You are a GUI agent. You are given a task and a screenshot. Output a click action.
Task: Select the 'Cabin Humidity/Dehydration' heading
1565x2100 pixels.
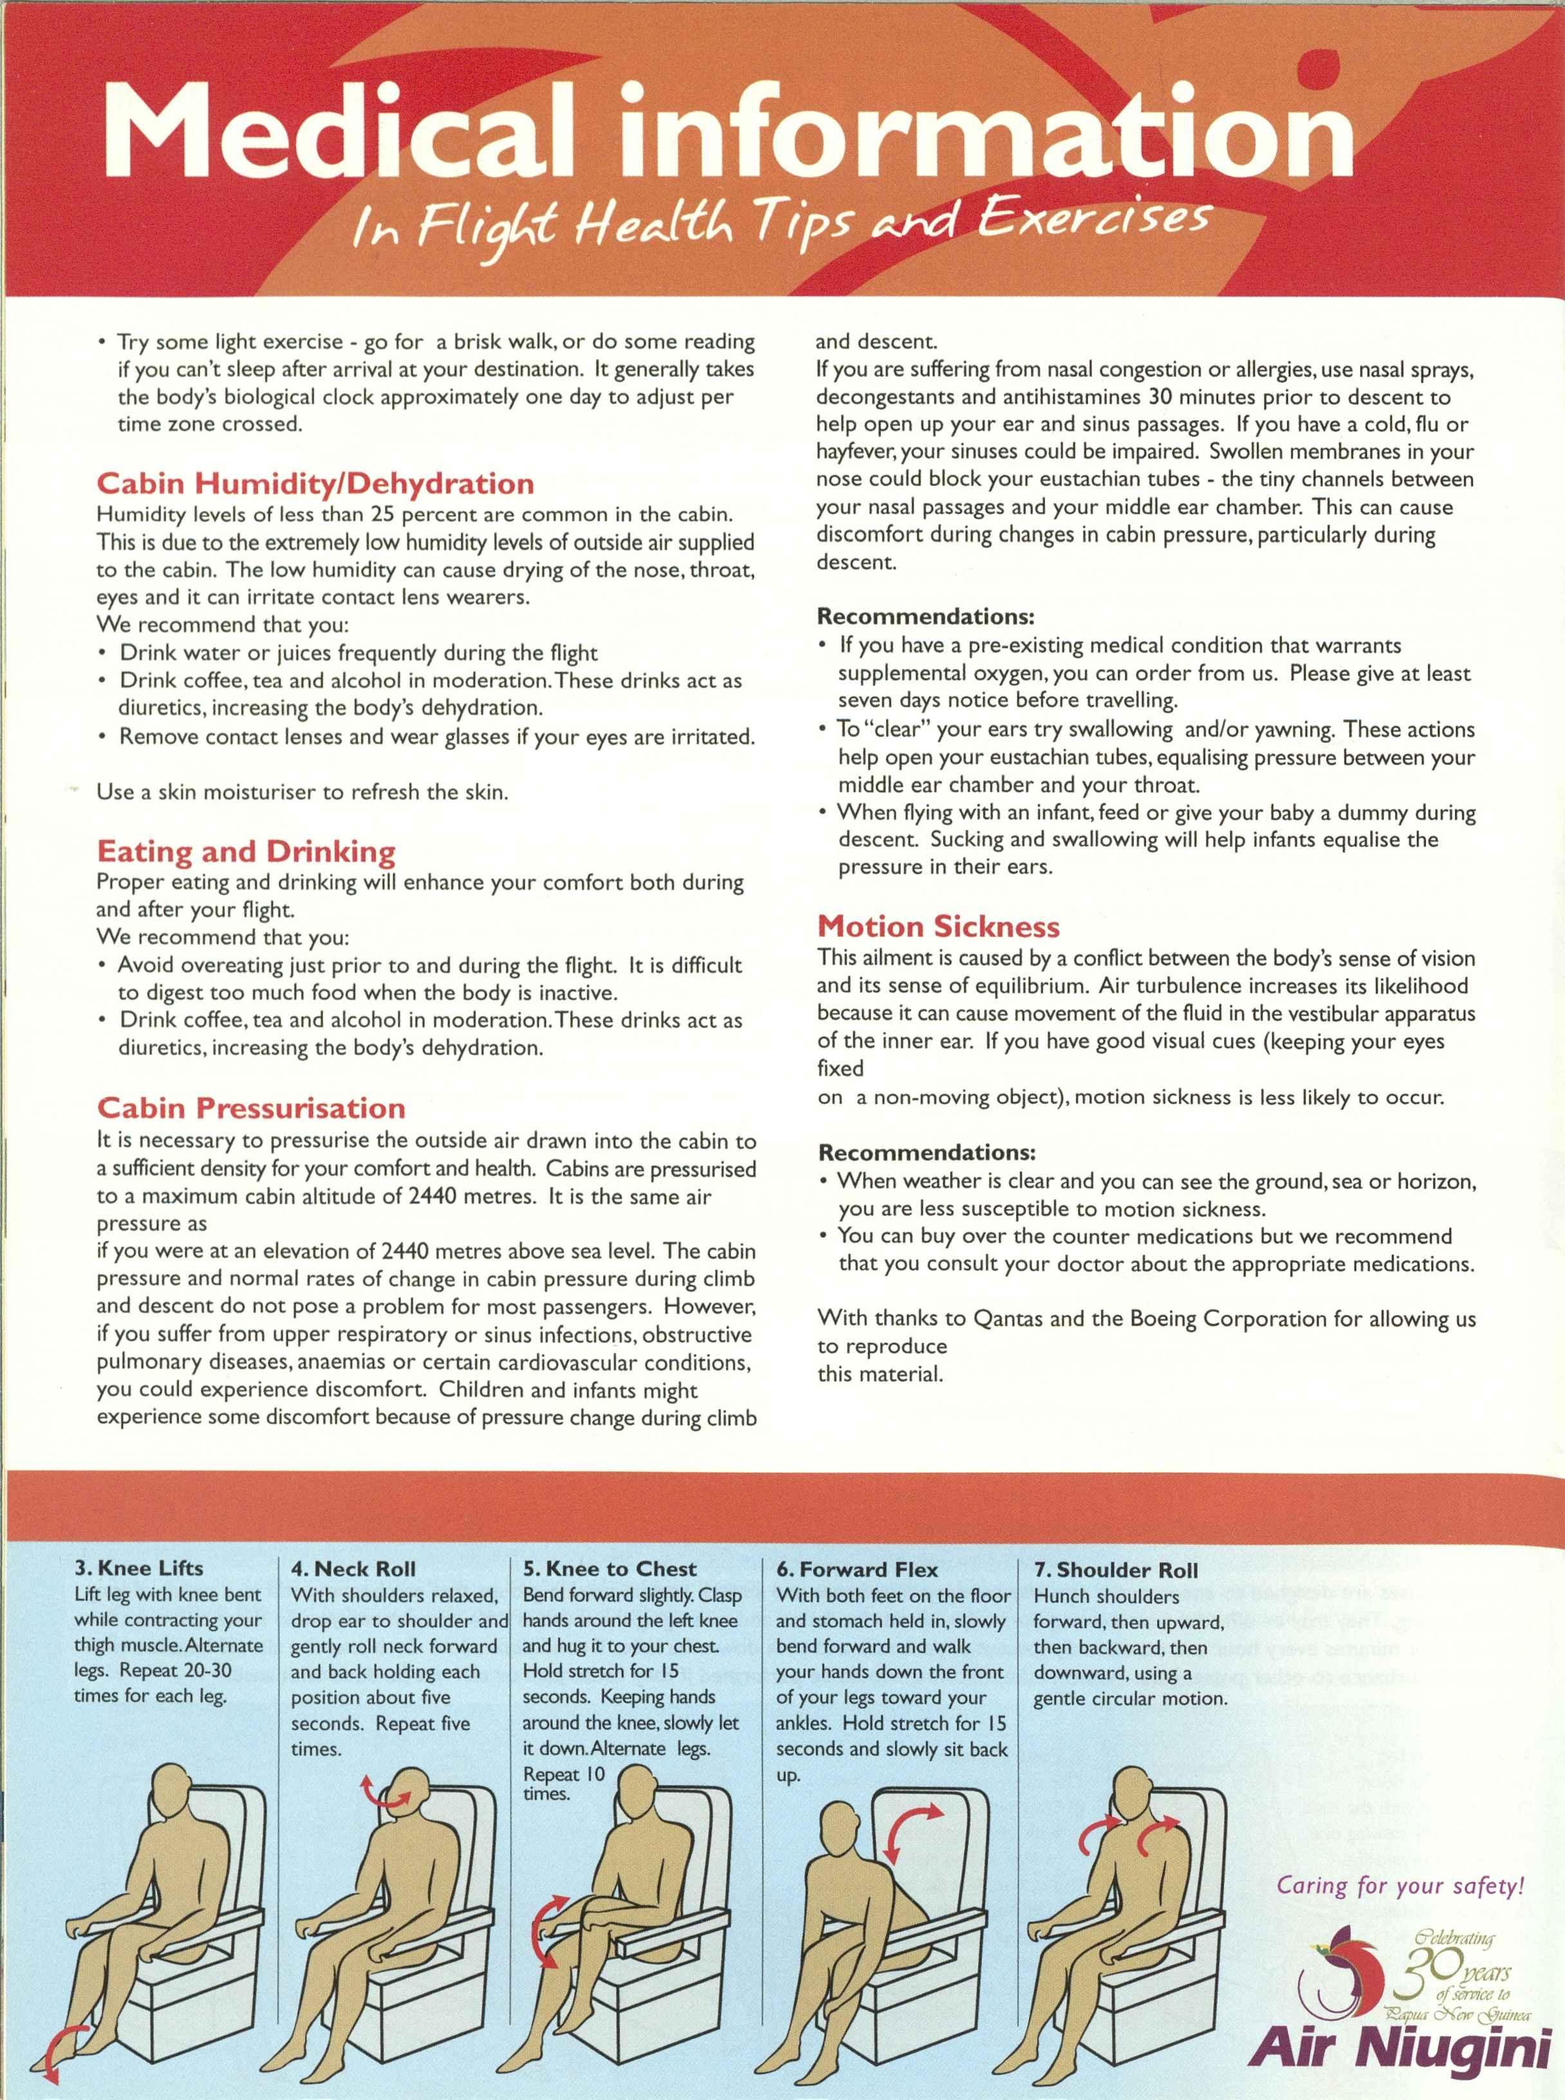(x=315, y=484)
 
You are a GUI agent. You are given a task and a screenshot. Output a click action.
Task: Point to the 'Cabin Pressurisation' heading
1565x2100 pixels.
(x=251, y=1109)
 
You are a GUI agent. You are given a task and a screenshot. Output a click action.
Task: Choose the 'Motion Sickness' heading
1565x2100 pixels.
(x=938, y=926)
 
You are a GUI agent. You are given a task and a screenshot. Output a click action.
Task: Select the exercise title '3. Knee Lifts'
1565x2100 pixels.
(x=138, y=1568)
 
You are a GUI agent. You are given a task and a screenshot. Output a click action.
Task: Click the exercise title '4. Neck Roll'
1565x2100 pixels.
(x=353, y=1569)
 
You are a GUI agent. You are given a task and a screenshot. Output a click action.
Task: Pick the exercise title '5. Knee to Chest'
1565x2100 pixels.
(x=609, y=1569)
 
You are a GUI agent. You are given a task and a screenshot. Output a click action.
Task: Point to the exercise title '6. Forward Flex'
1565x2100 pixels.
(x=857, y=1569)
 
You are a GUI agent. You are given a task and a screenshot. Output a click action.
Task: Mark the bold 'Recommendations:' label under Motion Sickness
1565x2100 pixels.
(x=927, y=1153)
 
